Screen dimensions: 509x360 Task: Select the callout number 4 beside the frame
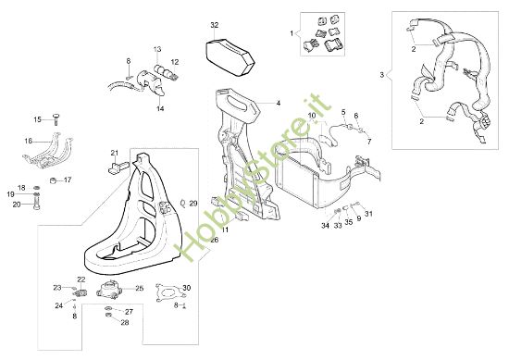point(277,103)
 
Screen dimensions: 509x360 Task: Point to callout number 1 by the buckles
point(293,34)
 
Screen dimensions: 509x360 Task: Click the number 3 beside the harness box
point(381,74)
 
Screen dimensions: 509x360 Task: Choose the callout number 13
point(156,48)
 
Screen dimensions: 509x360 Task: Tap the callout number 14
point(160,108)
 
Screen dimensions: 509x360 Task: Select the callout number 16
point(28,141)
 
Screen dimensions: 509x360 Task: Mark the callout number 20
point(17,205)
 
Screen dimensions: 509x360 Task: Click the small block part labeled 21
point(117,168)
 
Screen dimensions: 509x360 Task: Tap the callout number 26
point(214,240)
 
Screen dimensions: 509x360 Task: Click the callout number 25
point(140,288)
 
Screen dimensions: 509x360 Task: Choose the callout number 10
point(313,116)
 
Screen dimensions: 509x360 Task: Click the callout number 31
point(367,215)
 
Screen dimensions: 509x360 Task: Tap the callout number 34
point(325,225)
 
